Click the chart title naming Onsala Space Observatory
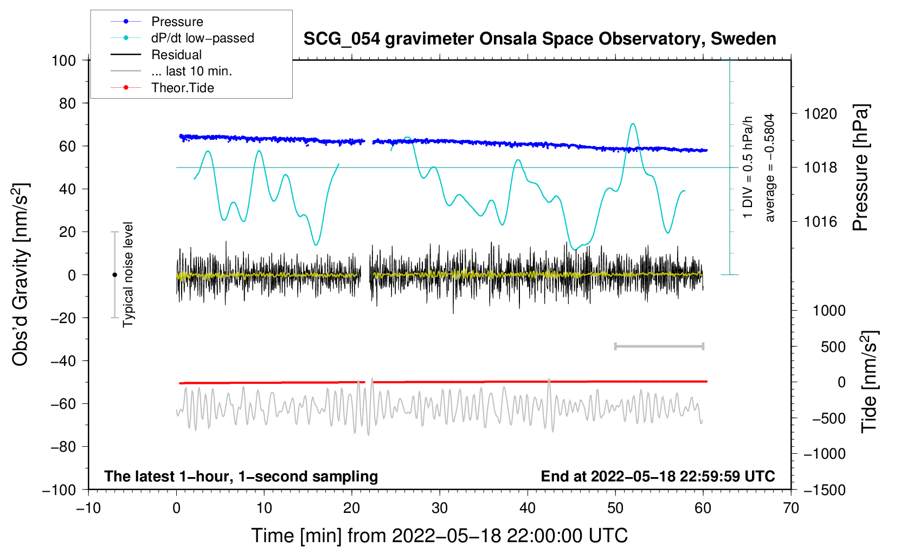[x=539, y=39]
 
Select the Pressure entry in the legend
[x=157, y=21]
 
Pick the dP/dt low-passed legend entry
[x=182, y=38]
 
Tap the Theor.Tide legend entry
[x=162, y=88]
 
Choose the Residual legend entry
[x=156, y=55]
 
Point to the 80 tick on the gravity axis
[x=67, y=104]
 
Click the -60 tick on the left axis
[x=63, y=403]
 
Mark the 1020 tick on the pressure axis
[x=820, y=114]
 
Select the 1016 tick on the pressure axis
[x=820, y=221]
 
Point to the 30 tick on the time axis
[x=440, y=508]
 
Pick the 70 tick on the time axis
[x=790, y=508]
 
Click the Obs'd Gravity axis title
[x=20, y=274]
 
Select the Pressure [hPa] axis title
[x=860, y=168]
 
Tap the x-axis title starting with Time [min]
[x=440, y=536]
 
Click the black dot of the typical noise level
[x=114, y=275]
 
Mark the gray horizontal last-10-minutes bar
[x=659, y=346]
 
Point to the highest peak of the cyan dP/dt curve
[x=633, y=124]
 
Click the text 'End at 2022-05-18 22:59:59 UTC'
[x=658, y=476]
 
